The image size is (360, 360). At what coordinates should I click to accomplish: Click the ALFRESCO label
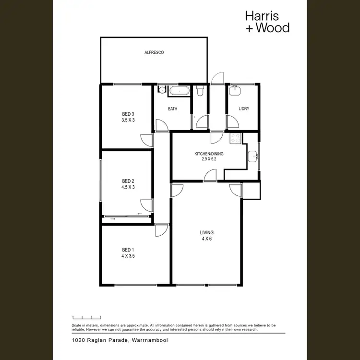click(x=155, y=53)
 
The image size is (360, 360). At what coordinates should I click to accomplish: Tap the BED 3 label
click(x=128, y=114)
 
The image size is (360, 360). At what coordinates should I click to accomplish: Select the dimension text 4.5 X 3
click(x=128, y=187)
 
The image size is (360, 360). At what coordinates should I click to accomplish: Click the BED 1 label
click(x=128, y=250)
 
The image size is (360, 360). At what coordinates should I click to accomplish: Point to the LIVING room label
click(x=207, y=233)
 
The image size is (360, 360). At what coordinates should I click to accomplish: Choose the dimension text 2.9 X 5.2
click(x=209, y=159)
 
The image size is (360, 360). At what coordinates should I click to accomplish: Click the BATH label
click(x=172, y=109)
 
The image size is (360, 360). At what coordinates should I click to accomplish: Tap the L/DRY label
click(x=244, y=109)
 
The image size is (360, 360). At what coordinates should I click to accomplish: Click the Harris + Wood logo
click(x=267, y=22)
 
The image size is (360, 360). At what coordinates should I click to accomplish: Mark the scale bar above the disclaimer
click(x=86, y=317)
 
